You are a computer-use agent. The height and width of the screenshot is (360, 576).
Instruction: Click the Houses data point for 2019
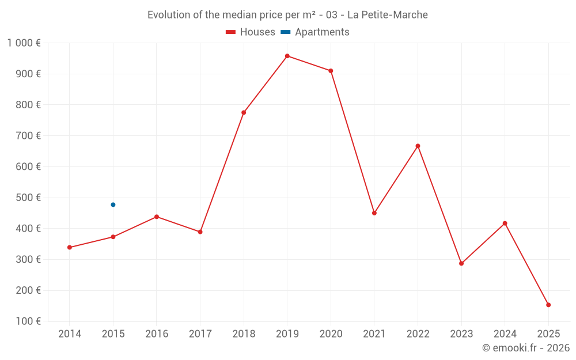pyautogui.click(x=287, y=56)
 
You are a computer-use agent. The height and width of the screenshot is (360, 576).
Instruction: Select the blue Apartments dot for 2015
pyautogui.click(x=113, y=204)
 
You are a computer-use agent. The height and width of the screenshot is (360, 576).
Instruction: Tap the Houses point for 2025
pyautogui.click(x=548, y=305)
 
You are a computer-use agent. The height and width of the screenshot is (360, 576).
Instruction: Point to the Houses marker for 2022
pyautogui.click(x=418, y=146)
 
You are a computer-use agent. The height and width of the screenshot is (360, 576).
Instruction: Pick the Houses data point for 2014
pyautogui.click(x=70, y=247)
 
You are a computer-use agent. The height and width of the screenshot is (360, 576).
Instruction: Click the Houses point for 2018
pyautogui.click(x=244, y=112)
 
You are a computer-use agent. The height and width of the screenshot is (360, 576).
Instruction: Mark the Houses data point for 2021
pyautogui.click(x=374, y=213)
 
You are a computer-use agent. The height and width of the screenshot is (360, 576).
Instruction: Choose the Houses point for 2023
pyautogui.click(x=461, y=263)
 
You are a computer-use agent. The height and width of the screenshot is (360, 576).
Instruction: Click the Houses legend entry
pyautogui.click(x=251, y=32)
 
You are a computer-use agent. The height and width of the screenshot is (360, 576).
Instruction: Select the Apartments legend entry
pyautogui.click(x=315, y=32)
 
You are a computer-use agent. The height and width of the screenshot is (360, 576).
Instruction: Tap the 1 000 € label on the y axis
pyautogui.click(x=24, y=43)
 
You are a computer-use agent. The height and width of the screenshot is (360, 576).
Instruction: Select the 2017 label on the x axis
pyautogui.click(x=200, y=334)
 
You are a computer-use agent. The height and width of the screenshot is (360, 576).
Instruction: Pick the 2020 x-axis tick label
pyautogui.click(x=331, y=334)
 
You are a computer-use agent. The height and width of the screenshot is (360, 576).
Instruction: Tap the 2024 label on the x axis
pyautogui.click(x=505, y=334)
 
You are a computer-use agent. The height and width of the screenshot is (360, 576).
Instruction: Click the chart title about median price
pyautogui.click(x=287, y=15)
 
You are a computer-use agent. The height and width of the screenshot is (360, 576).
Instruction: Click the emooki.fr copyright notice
pyautogui.click(x=525, y=348)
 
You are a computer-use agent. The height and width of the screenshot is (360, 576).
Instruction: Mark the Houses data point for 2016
pyautogui.click(x=157, y=217)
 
